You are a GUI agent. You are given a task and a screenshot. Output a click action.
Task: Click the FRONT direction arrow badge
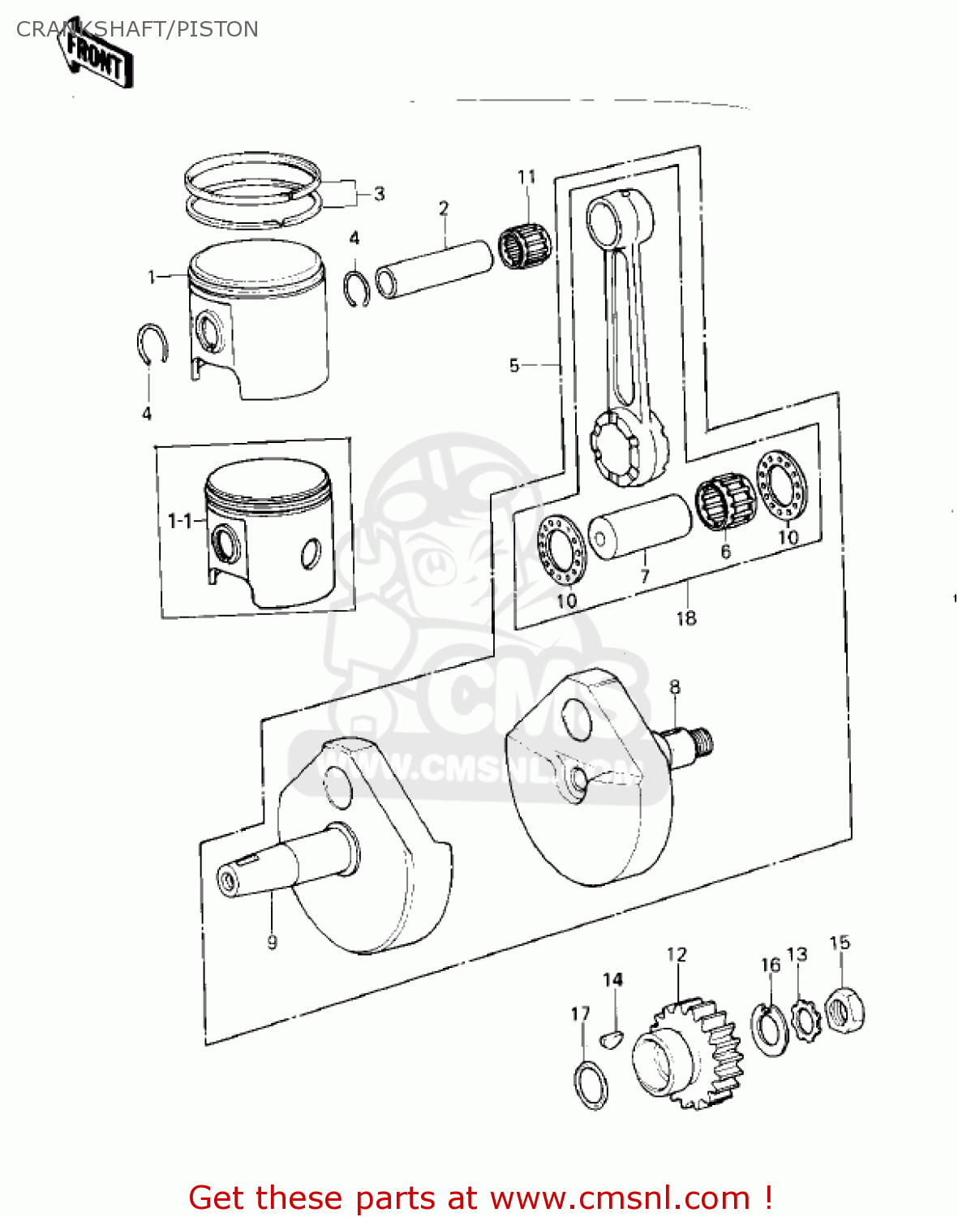[x=96, y=56]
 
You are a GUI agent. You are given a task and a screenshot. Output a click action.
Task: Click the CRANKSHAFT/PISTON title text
[x=137, y=29]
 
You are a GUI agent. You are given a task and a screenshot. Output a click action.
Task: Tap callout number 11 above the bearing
[x=526, y=177]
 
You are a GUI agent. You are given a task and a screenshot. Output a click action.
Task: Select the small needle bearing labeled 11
[x=524, y=243]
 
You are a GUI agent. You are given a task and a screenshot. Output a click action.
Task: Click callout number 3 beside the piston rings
[x=379, y=194]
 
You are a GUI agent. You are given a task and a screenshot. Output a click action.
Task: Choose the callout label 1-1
[x=179, y=520]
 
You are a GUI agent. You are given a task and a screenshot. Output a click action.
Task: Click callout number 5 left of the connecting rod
[x=513, y=366]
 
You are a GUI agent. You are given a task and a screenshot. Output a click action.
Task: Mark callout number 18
[x=685, y=618]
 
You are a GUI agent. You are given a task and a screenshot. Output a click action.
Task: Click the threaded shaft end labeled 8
[x=690, y=742]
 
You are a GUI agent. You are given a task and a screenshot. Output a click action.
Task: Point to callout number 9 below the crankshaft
[x=272, y=942]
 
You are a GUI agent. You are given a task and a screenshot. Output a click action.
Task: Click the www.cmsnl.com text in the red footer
[x=621, y=1198]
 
